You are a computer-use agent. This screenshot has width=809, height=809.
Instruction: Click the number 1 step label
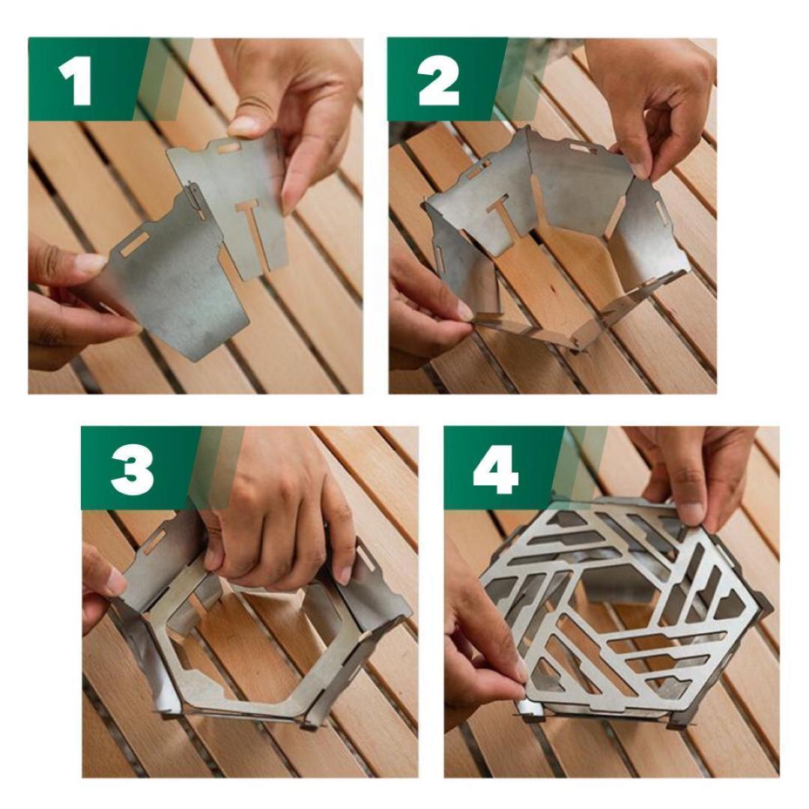[76, 81]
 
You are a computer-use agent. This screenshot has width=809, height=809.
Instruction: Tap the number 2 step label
[438, 81]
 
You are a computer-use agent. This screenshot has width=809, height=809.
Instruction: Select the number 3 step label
[132, 469]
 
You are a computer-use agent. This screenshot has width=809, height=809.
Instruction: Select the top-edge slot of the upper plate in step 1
[228, 148]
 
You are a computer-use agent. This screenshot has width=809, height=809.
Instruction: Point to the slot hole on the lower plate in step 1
[136, 243]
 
